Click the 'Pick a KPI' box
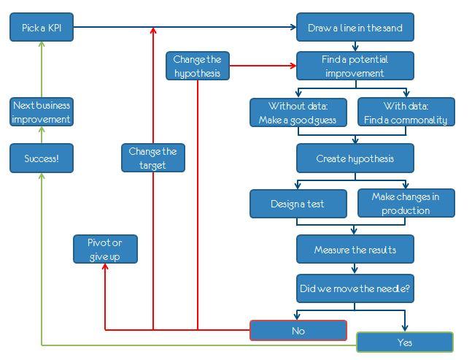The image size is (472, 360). pyautogui.click(x=42, y=28)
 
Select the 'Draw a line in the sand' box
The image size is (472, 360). pyautogui.click(x=355, y=28)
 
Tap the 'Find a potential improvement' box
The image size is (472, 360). pyautogui.click(x=355, y=66)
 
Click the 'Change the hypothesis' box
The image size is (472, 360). pyautogui.click(x=198, y=66)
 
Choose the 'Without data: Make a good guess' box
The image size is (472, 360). pyautogui.click(x=298, y=112)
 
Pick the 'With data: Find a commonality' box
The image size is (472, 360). pyautogui.click(x=406, y=112)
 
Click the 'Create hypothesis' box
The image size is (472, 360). pyautogui.click(x=355, y=158)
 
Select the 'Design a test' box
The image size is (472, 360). pyautogui.click(x=298, y=204)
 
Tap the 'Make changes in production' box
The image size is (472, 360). pyautogui.click(x=406, y=204)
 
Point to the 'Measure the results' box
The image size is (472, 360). pyautogui.click(x=355, y=249)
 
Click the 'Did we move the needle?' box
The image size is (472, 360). pyautogui.click(x=355, y=288)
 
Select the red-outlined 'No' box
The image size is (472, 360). pyautogui.click(x=298, y=330)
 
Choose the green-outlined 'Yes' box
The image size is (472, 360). pyautogui.click(x=405, y=342)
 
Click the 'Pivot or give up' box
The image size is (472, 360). pyautogui.click(x=105, y=249)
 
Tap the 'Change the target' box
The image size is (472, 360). pyautogui.click(x=153, y=158)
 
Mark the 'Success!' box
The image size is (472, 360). pyautogui.click(x=42, y=158)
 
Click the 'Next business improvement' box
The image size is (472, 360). pyautogui.click(x=42, y=112)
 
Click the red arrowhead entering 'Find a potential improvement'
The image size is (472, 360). pyautogui.click(x=293, y=66)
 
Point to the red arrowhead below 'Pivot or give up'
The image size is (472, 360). pyautogui.click(x=105, y=268)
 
